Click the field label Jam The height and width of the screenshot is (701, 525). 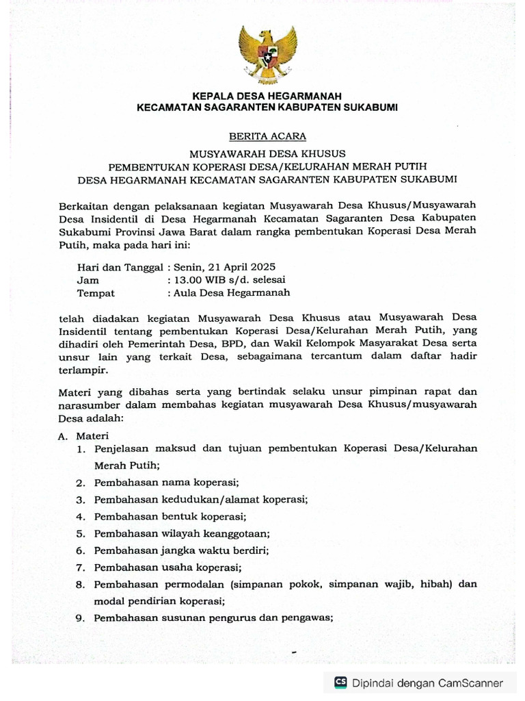pyautogui.click(x=88, y=279)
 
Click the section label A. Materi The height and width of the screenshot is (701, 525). pyautogui.click(x=80, y=435)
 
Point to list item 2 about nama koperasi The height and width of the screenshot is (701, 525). pyautogui.click(x=171, y=483)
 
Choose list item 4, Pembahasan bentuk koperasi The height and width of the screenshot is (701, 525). pyautogui.click(x=170, y=516)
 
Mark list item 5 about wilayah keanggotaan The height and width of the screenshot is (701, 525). pyautogui.click(x=182, y=533)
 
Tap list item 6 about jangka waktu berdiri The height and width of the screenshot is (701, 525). pyautogui.click(x=181, y=550)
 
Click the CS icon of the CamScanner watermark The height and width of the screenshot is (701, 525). pyautogui.click(x=340, y=682)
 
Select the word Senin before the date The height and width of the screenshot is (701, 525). pyautogui.click(x=189, y=266)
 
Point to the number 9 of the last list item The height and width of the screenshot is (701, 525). pyautogui.click(x=79, y=618)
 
